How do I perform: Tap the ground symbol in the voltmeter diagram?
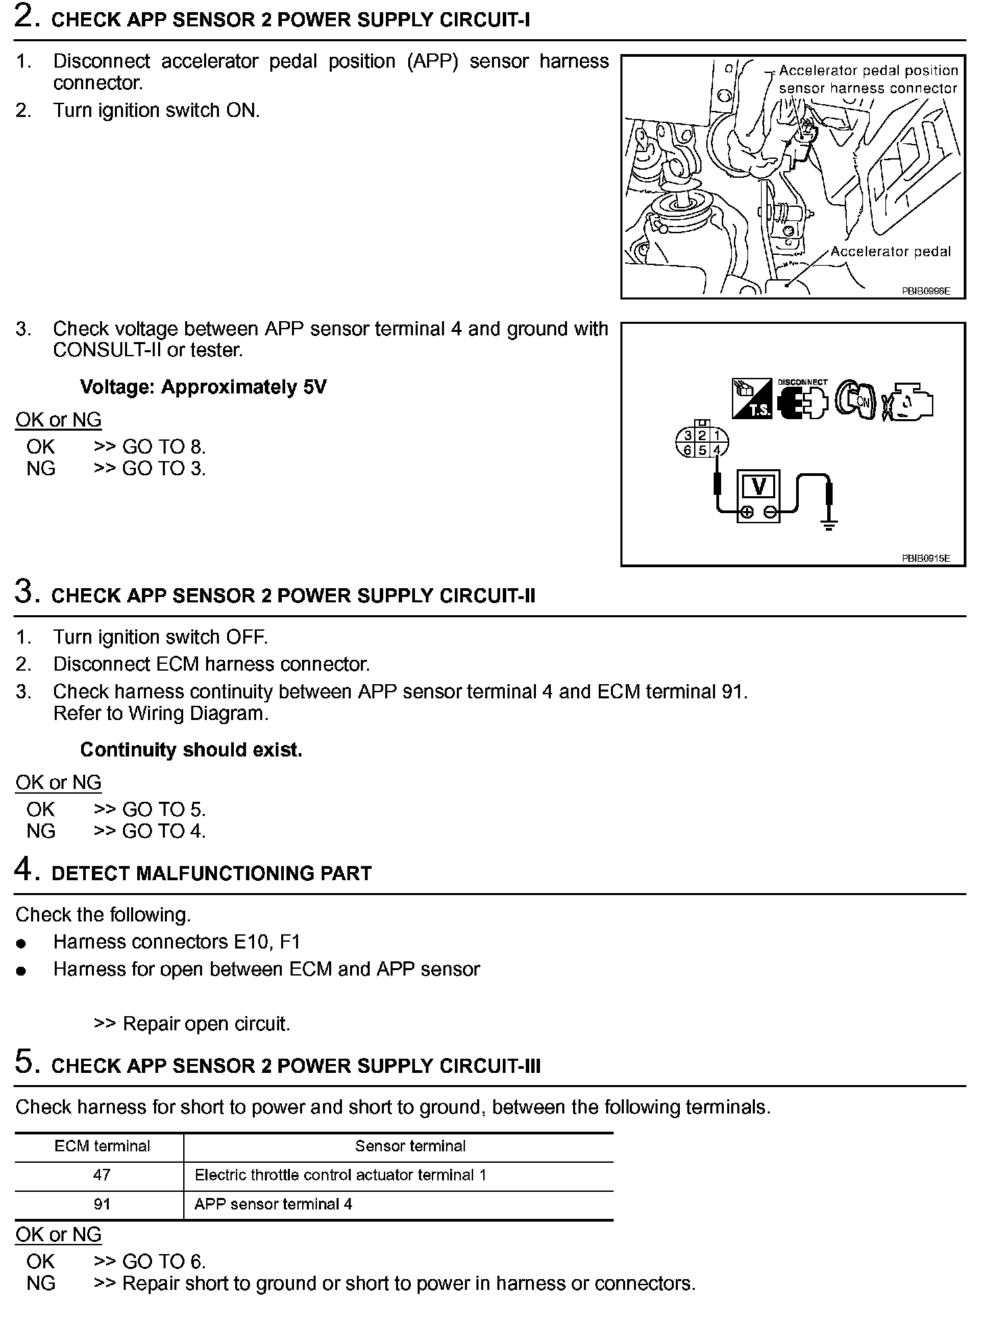click(x=829, y=524)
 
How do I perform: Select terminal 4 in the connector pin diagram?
click(x=718, y=450)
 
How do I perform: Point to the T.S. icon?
click(x=752, y=399)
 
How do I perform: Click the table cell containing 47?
click(x=101, y=1175)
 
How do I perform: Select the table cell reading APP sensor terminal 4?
click(x=273, y=1204)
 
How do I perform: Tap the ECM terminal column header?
click(x=102, y=1146)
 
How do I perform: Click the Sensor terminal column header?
click(x=410, y=1146)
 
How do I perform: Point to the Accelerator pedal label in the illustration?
click(x=890, y=251)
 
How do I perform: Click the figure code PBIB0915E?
click(x=926, y=558)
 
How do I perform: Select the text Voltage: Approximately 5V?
click(x=203, y=387)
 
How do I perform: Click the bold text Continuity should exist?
click(x=191, y=750)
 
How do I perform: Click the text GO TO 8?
click(x=164, y=447)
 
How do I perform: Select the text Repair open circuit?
click(x=206, y=1024)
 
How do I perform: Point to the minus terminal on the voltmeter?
click(x=770, y=512)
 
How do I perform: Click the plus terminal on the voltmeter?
click(x=746, y=512)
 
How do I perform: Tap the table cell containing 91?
click(x=101, y=1204)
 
